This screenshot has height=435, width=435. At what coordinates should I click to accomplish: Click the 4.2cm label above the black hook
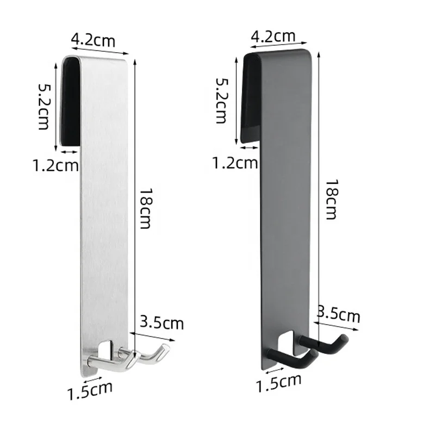273,37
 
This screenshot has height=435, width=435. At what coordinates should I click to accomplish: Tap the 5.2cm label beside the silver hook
45,106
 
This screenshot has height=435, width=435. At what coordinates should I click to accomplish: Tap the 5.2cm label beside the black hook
222,101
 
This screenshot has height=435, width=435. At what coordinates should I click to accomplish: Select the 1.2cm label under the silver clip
56,165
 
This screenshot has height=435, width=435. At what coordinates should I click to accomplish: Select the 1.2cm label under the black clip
235,161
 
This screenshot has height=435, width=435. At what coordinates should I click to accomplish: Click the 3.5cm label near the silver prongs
162,323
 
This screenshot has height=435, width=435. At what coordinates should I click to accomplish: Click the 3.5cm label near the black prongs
339,316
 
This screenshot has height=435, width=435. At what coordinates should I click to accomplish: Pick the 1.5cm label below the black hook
278,382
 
